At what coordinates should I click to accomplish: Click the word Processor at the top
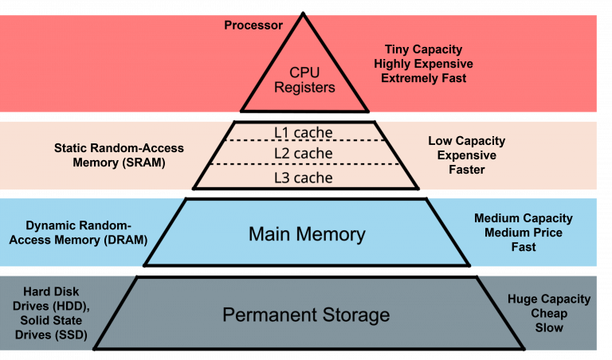[x=253, y=25]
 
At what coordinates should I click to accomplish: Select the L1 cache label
[x=303, y=132]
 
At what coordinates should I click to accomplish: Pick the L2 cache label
[x=303, y=153]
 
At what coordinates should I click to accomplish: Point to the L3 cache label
[x=303, y=177]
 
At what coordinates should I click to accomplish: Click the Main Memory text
[x=307, y=234]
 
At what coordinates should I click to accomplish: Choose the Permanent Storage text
[x=306, y=315]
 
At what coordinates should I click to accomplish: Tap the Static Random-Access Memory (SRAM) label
[x=119, y=155]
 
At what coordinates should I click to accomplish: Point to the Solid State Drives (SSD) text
[x=51, y=327]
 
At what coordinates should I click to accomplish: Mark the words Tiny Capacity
[x=423, y=49]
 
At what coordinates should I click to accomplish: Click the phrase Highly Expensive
[x=423, y=64]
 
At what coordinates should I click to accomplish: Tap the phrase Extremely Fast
[x=423, y=78]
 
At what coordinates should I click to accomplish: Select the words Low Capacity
[x=467, y=141]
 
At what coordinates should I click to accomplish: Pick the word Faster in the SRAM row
[x=467, y=170]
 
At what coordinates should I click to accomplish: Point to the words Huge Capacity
[x=549, y=299]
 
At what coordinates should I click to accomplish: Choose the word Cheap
[x=549, y=314]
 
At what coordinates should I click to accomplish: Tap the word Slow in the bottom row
[x=549, y=328]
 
